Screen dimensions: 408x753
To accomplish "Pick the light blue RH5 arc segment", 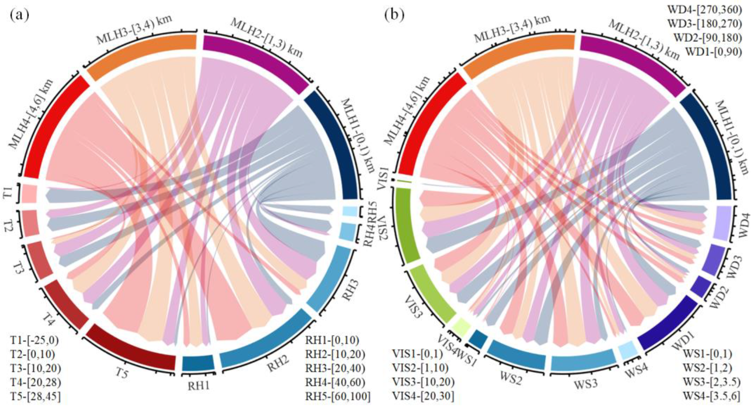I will click(x=350, y=211).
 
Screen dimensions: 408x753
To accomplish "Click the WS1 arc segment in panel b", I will click(x=478, y=339).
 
